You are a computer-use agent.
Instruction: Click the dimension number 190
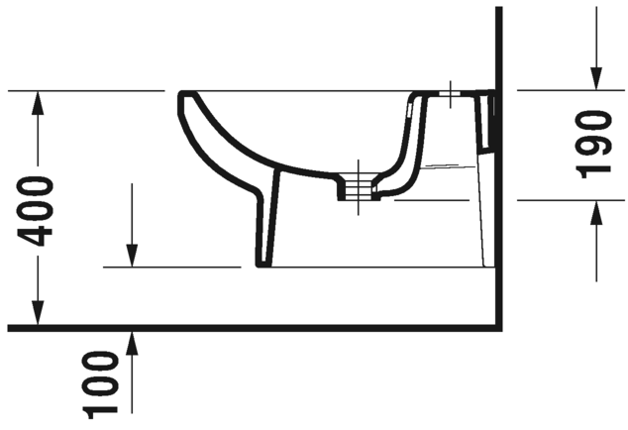pos(594,144)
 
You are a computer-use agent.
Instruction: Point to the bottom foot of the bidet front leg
pos(264,265)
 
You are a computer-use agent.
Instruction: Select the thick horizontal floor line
pos(248,327)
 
